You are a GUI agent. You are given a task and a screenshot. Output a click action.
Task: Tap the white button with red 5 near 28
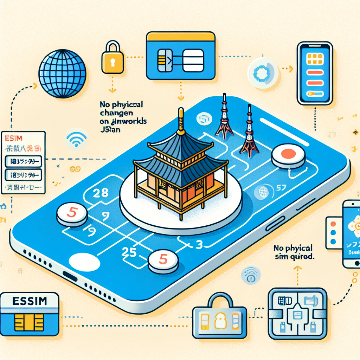[x=72, y=214]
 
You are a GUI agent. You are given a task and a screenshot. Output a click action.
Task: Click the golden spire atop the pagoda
[x=181, y=121]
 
